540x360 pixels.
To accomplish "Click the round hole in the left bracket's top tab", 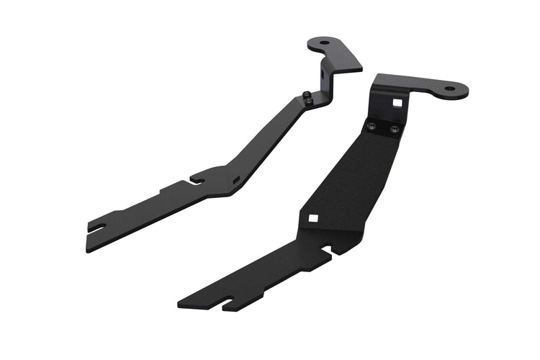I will coord(325,43).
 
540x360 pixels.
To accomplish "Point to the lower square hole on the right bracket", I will coord(314,218).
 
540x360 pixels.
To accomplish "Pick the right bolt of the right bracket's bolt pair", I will coord(394,130).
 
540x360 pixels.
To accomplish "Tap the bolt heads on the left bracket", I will coord(307,99).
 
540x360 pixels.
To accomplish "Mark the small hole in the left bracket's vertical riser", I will coord(328,72).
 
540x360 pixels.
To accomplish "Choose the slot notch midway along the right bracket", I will coord(330,251).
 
